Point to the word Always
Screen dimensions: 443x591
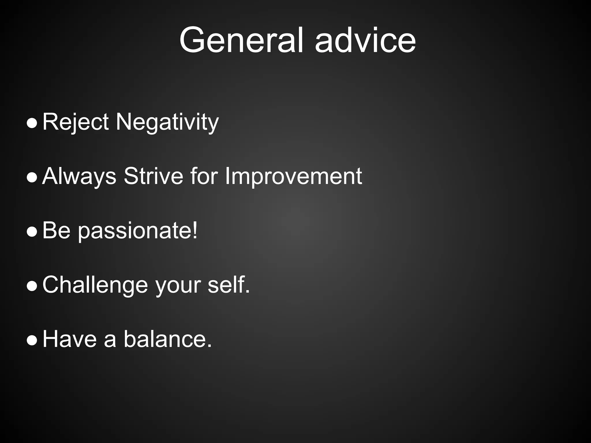[x=79, y=177]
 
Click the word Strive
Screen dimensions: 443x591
[x=153, y=176]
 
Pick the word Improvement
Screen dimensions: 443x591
[x=293, y=177]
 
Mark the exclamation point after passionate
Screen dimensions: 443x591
[x=195, y=230]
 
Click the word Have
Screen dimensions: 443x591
[x=70, y=339]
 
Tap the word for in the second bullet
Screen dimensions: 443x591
[x=204, y=176]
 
